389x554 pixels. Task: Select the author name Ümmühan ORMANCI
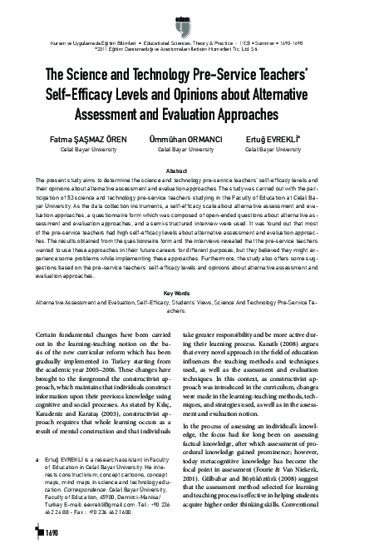pyautogui.click(x=194, y=140)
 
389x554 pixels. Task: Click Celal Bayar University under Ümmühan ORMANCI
pyautogui.click(x=194, y=150)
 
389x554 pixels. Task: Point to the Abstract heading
pyautogui.click(x=194, y=170)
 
